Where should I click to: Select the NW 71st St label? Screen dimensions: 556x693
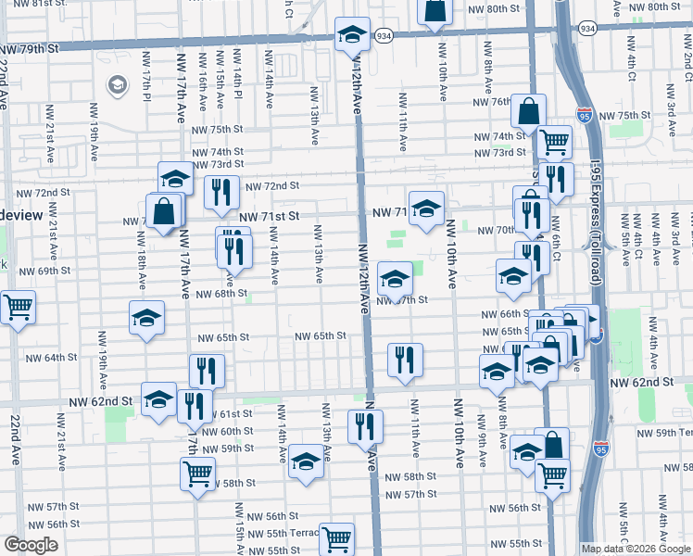tap(269, 216)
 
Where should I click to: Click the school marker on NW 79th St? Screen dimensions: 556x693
tap(352, 35)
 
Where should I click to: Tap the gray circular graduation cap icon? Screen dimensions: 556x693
tap(117, 86)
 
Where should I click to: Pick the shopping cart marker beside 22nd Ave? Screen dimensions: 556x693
tap(18, 307)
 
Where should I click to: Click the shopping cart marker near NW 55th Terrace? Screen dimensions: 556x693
tap(336, 538)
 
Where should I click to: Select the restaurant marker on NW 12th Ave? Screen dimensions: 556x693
tap(365, 425)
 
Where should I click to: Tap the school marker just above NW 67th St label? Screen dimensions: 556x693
tap(396, 280)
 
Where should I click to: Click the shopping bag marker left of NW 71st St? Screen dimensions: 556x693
tap(164, 210)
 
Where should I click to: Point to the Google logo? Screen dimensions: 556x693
tap(31, 545)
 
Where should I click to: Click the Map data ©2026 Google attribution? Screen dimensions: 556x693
tap(635, 549)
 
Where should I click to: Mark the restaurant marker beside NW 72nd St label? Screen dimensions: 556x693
tap(220, 192)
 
